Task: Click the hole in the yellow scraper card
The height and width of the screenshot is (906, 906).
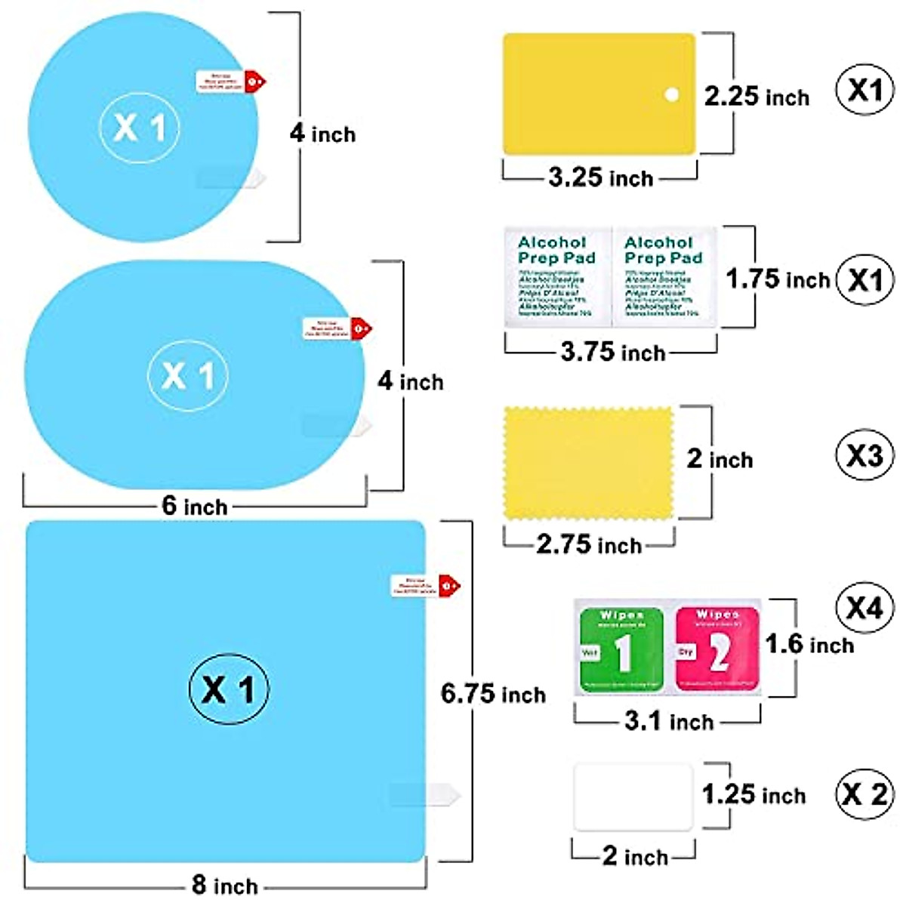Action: click(671, 94)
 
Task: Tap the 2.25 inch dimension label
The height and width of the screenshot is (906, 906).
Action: click(757, 97)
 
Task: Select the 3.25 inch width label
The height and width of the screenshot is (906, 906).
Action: click(600, 178)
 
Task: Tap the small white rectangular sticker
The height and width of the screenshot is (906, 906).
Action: click(633, 797)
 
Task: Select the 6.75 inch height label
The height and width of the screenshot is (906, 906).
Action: click(493, 694)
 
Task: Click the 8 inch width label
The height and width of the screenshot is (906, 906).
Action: click(224, 885)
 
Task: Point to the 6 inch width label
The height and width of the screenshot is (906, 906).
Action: click(194, 506)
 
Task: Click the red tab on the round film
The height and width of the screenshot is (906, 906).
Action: click(255, 80)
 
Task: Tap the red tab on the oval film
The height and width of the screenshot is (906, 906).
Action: click(362, 328)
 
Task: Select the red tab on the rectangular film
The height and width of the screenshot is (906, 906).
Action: click(449, 585)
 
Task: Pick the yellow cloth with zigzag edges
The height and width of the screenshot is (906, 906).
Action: click(588, 463)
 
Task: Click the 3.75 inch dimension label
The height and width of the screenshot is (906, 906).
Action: click(612, 352)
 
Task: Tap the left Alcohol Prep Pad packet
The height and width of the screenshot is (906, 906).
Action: click(558, 276)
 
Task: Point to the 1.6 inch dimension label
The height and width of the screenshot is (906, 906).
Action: click(809, 645)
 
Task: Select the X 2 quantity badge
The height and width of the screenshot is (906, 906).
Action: click(864, 794)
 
